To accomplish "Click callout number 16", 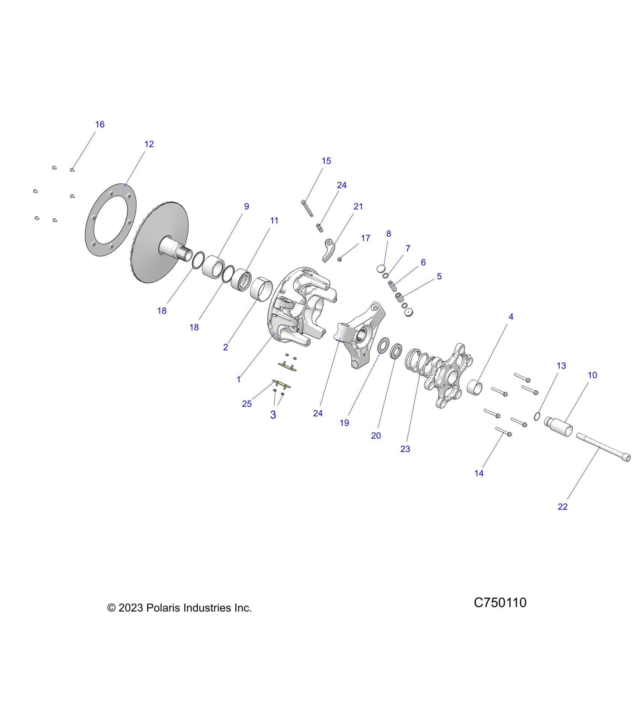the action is click(100, 124).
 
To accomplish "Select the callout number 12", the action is click(149, 144).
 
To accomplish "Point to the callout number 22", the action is click(563, 507).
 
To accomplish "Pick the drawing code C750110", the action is click(500, 603).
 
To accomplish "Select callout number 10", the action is click(592, 375).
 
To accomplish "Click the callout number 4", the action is click(511, 317).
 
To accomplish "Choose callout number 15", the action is click(326, 161).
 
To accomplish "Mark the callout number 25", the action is click(247, 404).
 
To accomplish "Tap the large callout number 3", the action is click(273, 415).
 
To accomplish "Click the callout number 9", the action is click(247, 206).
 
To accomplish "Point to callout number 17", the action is click(366, 238).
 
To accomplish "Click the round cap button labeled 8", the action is click(381, 268).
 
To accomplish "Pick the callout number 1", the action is click(239, 379).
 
